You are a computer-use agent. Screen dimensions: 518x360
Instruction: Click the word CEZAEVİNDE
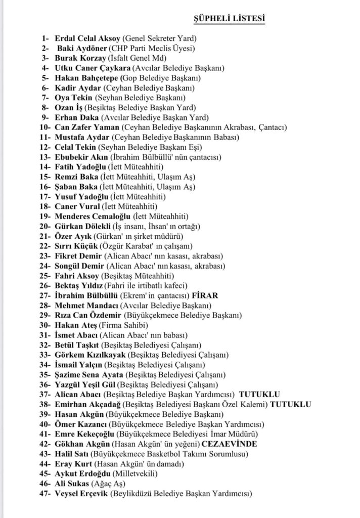tap(229, 444)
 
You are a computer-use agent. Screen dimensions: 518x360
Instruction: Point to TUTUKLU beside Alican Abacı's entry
tap(260, 394)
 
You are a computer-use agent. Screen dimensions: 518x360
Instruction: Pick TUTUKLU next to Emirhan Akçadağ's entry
tap(291, 404)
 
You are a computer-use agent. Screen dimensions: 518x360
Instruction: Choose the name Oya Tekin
tap(74, 97)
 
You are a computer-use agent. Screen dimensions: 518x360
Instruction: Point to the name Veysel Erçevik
tap(81, 493)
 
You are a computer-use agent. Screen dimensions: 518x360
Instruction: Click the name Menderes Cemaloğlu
tap(92, 216)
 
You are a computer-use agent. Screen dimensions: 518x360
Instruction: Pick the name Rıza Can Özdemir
tap(89, 315)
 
